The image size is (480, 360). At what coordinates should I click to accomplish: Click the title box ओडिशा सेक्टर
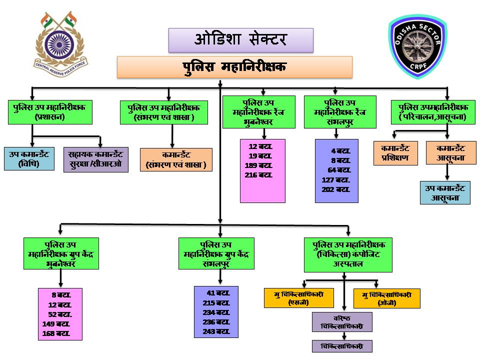pos(240,40)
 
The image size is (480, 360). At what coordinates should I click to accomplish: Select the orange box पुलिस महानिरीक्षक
pos(234,67)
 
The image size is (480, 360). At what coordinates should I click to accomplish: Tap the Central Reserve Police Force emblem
pos(59,41)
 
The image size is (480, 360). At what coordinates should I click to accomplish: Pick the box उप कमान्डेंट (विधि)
pos(28,158)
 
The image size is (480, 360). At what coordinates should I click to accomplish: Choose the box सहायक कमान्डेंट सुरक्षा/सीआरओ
pos(95,159)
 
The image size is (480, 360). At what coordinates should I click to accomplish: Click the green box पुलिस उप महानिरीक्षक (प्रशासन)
pos(49,112)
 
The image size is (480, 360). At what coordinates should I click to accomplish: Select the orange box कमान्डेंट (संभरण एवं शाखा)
pos(176,159)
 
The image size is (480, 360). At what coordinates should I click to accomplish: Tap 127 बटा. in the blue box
pos(336,180)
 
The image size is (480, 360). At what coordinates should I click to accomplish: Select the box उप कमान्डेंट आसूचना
pos(445,193)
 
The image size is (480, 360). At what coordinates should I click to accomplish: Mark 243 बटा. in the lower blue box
pos(216,331)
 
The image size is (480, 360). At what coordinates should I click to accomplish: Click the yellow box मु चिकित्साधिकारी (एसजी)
pos(298,298)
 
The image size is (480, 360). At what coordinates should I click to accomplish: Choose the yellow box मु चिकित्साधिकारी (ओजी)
pos(386,298)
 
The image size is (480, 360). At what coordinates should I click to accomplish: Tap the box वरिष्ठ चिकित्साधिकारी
pos(342,322)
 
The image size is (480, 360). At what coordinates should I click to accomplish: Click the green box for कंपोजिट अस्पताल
pos(348,254)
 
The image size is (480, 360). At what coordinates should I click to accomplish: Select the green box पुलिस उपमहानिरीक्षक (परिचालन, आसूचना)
pos(433,112)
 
